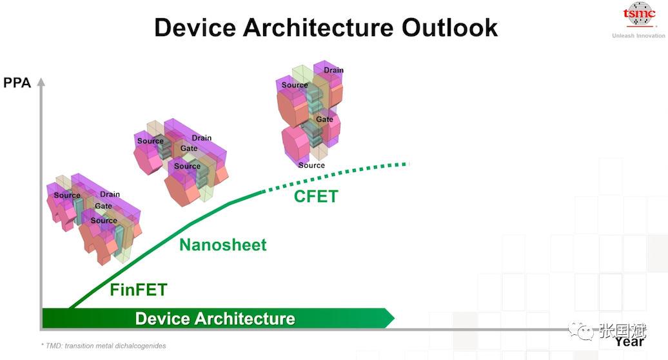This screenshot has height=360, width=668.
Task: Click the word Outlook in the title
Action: tap(449, 28)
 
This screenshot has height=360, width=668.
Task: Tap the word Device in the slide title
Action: tap(195, 28)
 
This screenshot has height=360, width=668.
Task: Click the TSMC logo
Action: tap(639, 15)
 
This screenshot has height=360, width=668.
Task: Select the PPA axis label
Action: tap(17, 83)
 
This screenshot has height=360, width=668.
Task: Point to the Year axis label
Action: tap(629, 342)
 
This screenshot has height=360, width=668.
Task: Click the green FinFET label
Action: tap(139, 290)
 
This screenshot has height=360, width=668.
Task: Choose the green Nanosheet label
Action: tap(223, 245)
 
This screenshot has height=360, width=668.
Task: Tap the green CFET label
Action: tap(316, 196)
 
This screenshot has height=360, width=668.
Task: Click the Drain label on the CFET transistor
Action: tap(333, 70)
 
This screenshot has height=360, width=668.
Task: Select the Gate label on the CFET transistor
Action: tap(324, 119)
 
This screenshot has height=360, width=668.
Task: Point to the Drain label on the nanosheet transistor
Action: tap(202, 138)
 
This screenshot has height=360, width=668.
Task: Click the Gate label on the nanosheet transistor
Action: tap(189, 148)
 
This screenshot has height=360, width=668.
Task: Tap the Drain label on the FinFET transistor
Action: tap(110, 194)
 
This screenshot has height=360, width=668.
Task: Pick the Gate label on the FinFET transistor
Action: tap(104, 206)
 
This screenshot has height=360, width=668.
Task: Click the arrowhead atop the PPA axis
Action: tap(41, 81)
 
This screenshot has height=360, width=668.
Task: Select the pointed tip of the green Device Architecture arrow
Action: tap(394, 318)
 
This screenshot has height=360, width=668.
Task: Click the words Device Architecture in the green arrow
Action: tap(215, 319)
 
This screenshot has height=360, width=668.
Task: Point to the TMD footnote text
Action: tap(104, 346)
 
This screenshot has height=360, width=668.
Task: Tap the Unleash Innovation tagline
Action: tap(638, 35)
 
